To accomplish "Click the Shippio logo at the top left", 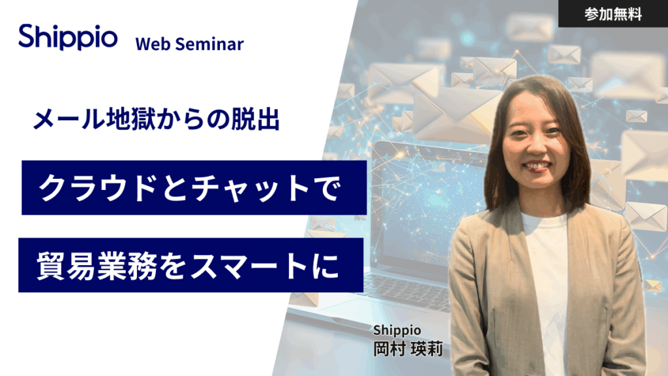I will (x=68, y=37).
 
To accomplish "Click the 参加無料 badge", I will (x=613, y=14).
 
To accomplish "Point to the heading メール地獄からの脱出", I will (x=157, y=119).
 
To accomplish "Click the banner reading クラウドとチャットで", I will (x=193, y=188).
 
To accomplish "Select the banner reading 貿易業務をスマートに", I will (x=190, y=265).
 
